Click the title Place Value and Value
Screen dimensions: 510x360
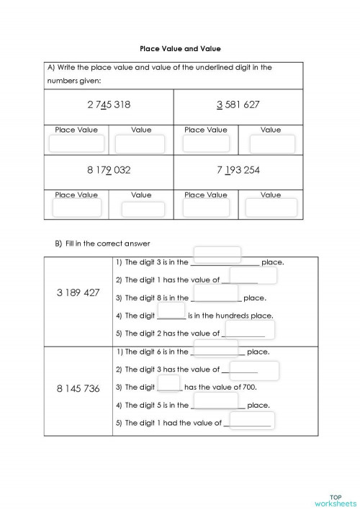click(180, 48)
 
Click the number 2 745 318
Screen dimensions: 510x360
click(109, 105)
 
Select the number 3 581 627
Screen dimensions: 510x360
click(238, 105)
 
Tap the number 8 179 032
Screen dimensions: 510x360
click(109, 171)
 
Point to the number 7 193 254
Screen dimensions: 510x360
click(238, 171)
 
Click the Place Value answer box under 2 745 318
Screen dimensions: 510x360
click(76, 143)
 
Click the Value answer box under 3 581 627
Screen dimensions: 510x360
click(271, 143)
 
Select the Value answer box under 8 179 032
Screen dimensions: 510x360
click(143, 210)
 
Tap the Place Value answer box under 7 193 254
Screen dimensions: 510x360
click(206, 208)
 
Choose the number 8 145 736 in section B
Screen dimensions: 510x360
click(78, 388)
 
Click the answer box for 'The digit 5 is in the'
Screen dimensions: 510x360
click(216, 401)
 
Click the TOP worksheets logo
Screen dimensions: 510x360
click(336, 499)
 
